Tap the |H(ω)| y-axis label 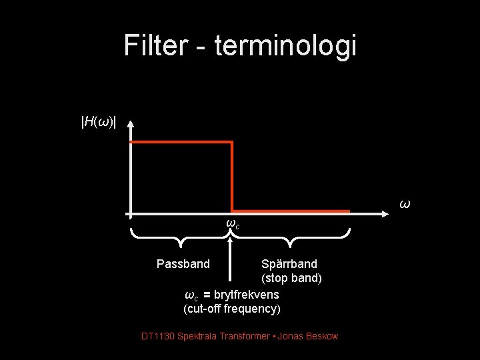(98, 121)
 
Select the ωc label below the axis (233, 223)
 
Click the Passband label (183, 263)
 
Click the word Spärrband (289, 263)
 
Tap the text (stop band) (291, 278)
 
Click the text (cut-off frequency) (232, 309)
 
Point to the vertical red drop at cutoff (232, 177)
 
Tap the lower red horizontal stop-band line (291, 211)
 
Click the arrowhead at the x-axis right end (393, 214)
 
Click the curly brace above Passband (181, 234)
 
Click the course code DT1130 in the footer (158, 336)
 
